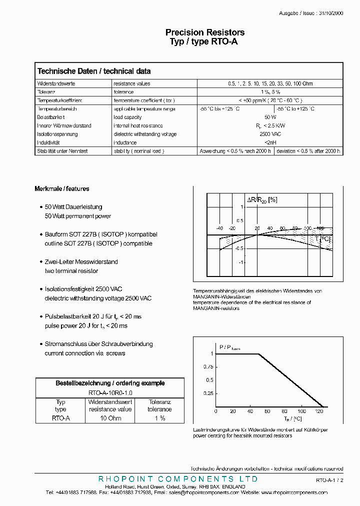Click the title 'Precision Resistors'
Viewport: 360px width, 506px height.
[205, 32]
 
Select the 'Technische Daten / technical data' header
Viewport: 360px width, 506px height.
[94, 71]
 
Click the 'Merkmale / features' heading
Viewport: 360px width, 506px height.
[62, 189]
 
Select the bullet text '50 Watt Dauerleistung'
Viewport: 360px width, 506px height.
[73, 207]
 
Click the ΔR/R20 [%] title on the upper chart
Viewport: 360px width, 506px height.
[262, 200]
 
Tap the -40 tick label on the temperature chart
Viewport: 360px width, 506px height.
[219, 228]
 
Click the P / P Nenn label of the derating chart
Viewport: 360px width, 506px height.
[229, 347]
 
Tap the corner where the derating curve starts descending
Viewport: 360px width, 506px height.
[258, 354]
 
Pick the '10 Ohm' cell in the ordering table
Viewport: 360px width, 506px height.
[110, 418]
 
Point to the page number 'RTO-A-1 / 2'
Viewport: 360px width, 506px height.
[329, 480]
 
